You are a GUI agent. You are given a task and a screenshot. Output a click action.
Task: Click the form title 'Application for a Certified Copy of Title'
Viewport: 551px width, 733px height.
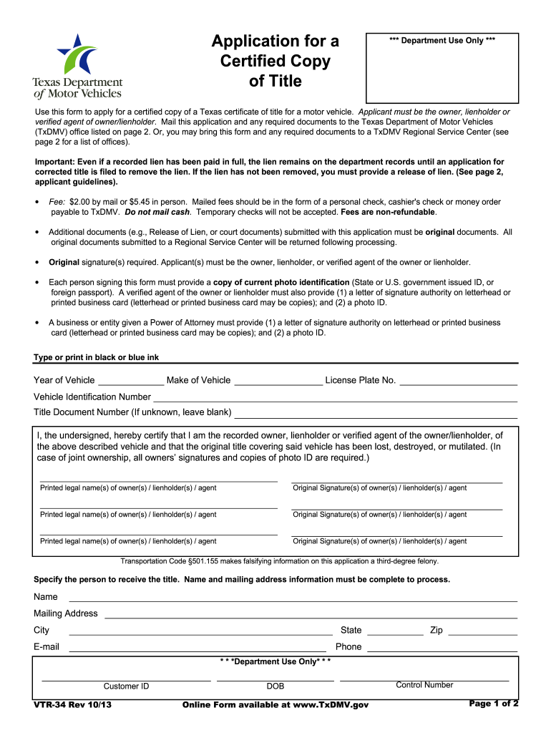tap(275, 62)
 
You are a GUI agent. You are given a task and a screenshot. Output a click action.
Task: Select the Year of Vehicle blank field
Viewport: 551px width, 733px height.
tap(130, 380)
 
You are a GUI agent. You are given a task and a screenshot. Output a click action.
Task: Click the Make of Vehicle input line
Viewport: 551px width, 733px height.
tap(278, 380)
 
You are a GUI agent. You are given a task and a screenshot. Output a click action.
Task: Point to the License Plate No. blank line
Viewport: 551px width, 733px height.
tap(458, 380)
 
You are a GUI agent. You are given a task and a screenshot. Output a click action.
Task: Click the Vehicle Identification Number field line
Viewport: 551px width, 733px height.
tap(335, 397)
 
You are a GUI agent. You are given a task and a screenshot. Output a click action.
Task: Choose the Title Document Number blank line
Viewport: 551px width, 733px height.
tap(376, 412)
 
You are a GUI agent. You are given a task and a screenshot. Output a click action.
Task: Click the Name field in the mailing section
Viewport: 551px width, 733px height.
tap(292, 597)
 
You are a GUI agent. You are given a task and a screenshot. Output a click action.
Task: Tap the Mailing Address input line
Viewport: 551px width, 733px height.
tap(311, 613)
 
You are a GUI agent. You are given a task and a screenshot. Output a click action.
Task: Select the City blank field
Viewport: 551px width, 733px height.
tap(200, 631)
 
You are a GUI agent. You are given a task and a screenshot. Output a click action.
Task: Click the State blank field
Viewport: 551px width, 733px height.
tap(395, 631)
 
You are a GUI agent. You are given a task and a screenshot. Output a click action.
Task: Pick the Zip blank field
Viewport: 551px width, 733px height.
tap(482, 631)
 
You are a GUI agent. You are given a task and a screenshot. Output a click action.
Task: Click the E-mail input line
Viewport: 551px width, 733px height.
tap(200, 647)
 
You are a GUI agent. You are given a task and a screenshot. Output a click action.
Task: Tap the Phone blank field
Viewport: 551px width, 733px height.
tap(442, 647)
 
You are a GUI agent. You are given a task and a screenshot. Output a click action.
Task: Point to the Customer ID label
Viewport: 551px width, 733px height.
tap(126, 686)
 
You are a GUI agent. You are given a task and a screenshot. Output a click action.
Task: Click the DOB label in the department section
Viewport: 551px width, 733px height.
tap(275, 686)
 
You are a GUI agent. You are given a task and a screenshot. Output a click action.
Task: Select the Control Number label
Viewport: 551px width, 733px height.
tap(424, 685)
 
